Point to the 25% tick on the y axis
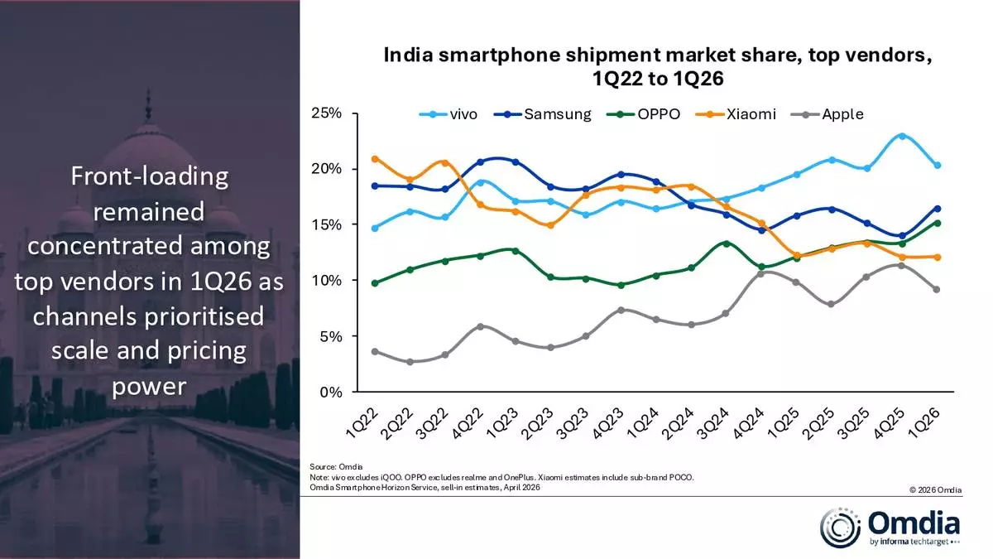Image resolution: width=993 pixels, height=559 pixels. click(x=326, y=113)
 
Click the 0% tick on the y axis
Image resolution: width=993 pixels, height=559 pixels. click(x=330, y=393)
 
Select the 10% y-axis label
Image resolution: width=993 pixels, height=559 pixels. click(x=326, y=281)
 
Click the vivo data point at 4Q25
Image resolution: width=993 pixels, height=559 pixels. click(x=901, y=136)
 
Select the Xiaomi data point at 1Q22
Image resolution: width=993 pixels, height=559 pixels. click(x=376, y=158)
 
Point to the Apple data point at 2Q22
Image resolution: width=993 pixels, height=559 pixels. click(x=410, y=362)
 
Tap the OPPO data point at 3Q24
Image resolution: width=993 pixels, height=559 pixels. click(x=726, y=243)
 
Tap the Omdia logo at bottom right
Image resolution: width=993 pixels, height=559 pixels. click(x=890, y=527)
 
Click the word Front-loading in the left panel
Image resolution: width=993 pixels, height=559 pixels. click(x=149, y=176)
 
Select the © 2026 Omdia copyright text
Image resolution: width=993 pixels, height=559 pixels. click(x=935, y=490)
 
